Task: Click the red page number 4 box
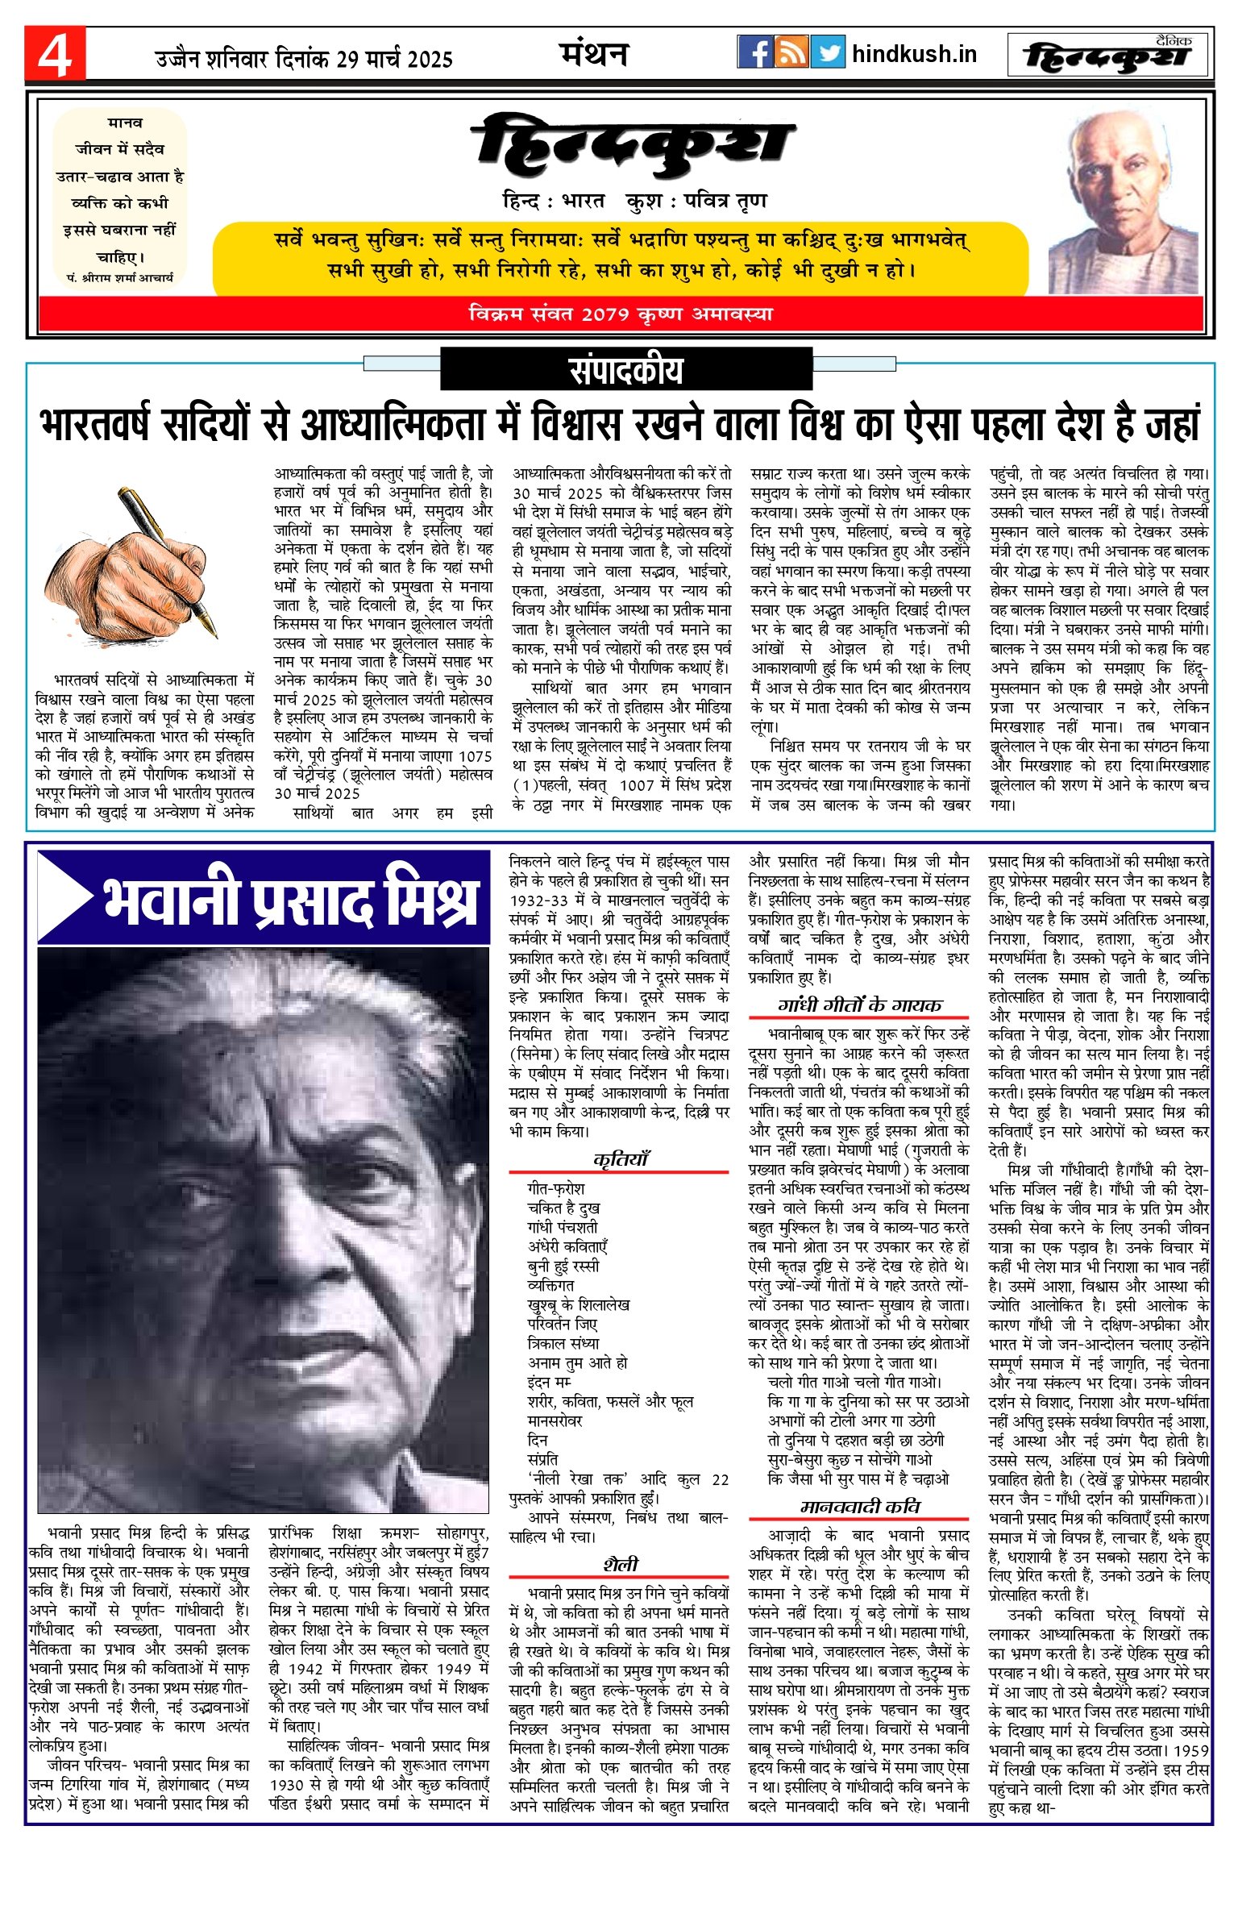coord(55,55)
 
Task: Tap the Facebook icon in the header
coord(755,52)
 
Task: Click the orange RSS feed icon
coord(791,52)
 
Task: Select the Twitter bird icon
coord(828,52)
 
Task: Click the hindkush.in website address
coord(914,54)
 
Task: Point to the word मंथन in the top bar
coord(594,54)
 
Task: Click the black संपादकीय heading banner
coord(626,370)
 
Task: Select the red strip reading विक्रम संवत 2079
coord(621,314)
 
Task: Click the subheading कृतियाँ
coord(620,1159)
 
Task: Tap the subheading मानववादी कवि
coord(859,1507)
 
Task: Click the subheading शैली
coord(620,1565)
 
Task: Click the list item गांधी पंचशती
coord(563,1227)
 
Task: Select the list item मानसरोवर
coord(555,1420)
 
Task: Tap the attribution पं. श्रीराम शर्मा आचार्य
coord(120,277)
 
